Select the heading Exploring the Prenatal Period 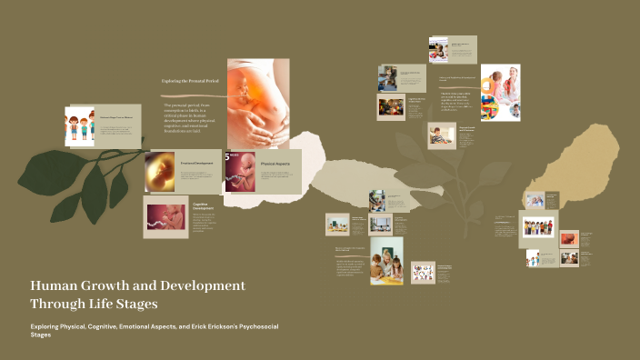tap(192, 81)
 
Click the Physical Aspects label tap(275, 165)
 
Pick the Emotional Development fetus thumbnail tap(159, 170)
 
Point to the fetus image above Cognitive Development tap(165, 217)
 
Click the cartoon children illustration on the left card tap(80, 126)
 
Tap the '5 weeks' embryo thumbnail tap(240, 172)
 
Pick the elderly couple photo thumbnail tap(535, 200)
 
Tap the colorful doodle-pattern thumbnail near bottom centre tap(423, 272)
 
